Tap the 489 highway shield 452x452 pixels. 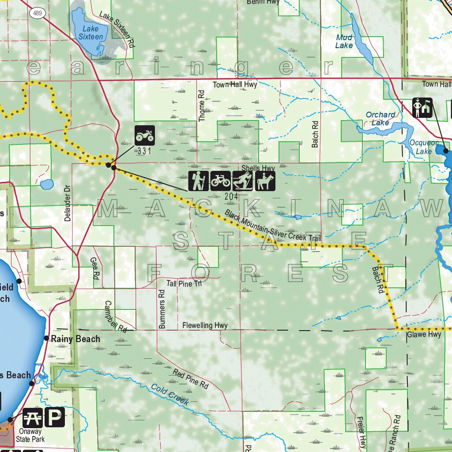pyautogui.click(x=37, y=13)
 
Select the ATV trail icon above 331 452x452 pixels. pyautogui.click(x=145, y=135)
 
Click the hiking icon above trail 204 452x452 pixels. pyautogui.click(x=198, y=181)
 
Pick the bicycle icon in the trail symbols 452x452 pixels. pyautogui.click(x=220, y=181)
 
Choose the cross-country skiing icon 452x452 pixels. pyautogui.click(x=242, y=181)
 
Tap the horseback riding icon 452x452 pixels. pyautogui.click(x=265, y=181)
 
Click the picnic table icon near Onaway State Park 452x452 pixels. pyautogui.click(x=33, y=417)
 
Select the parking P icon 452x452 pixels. pyautogui.click(x=54, y=417)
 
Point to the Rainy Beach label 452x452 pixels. pyautogui.click(x=75, y=339)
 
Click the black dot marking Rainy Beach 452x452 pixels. pyautogui.click(x=46, y=338)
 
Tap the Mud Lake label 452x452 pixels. pyautogui.click(x=344, y=41)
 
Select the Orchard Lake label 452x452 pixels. pyautogui.click(x=380, y=119)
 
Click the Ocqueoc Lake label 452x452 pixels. pyautogui.click(x=420, y=147)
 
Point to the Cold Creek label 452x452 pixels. pyautogui.click(x=170, y=395)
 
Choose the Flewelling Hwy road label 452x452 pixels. pyautogui.click(x=205, y=326)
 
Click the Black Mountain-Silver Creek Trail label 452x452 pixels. pyautogui.click(x=272, y=226)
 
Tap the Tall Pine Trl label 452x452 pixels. pyautogui.click(x=184, y=283)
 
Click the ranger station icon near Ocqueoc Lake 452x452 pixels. pyautogui.click(x=422, y=108)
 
